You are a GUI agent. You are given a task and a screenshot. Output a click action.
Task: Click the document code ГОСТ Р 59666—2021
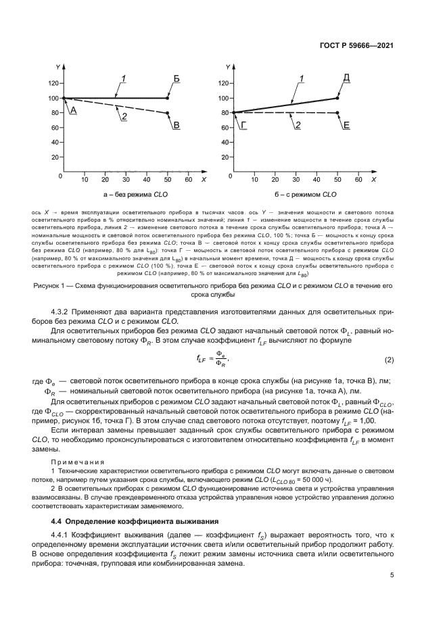(x=356, y=46)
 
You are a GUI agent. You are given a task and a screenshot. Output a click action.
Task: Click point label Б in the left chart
(x=176, y=80)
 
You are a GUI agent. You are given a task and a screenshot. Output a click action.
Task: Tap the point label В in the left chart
(x=177, y=125)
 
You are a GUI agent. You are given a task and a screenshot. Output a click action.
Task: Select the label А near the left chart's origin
(x=74, y=110)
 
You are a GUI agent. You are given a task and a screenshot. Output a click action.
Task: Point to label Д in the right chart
(x=346, y=79)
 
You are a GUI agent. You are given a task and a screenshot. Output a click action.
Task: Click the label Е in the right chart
(x=346, y=125)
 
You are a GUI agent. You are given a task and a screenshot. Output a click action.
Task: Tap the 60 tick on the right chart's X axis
(x=359, y=180)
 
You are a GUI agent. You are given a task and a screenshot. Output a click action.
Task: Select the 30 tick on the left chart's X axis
(x=126, y=180)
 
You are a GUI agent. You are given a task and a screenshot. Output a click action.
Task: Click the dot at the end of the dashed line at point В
(x=168, y=113)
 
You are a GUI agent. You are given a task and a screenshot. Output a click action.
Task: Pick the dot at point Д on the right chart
(x=337, y=98)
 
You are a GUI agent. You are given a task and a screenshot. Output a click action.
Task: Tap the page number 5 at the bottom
(x=392, y=575)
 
